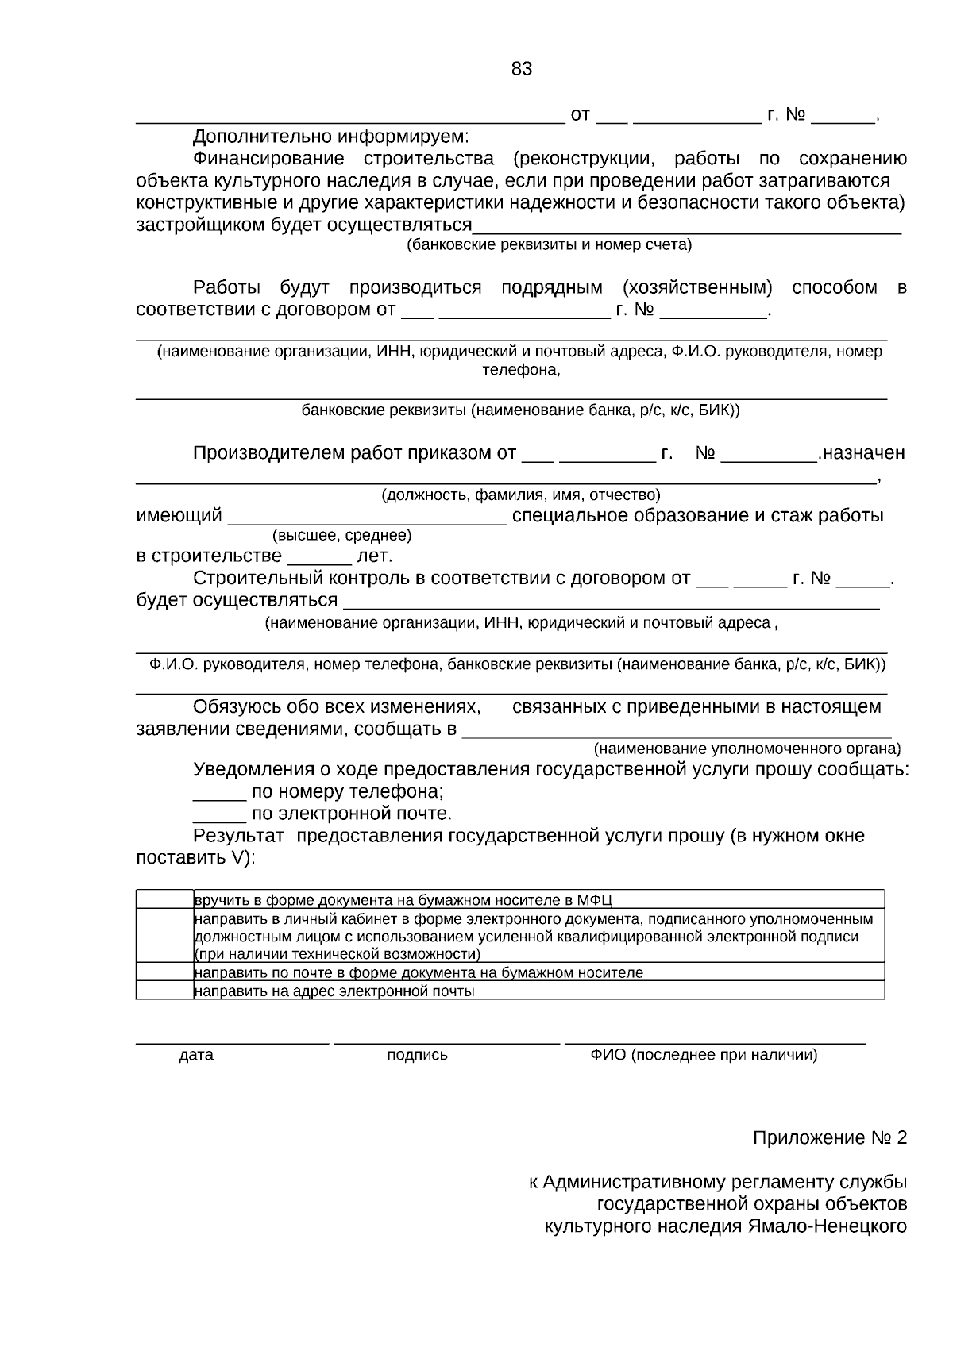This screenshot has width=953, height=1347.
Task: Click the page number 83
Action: (522, 69)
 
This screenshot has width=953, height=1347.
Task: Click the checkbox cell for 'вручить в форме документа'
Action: (164, 899)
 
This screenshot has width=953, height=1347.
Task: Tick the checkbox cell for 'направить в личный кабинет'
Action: (164, 935)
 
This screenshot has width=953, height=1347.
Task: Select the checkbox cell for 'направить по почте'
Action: (164, 972)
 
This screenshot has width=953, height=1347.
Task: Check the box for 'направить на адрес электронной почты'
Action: (164, 990)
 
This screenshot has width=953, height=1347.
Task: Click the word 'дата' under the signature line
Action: (196, 1055)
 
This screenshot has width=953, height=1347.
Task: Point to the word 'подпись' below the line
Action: (417, 1055)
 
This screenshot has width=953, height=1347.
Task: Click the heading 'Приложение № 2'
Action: (829, 1138)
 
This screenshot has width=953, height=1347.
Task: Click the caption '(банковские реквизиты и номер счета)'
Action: (549, 244)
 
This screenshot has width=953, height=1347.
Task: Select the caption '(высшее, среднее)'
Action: (341, 536)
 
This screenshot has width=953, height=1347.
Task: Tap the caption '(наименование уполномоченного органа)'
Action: (747, 749)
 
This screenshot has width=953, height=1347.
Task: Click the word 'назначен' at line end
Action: (864, 453)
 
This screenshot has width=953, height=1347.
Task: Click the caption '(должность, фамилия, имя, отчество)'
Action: (521, 495)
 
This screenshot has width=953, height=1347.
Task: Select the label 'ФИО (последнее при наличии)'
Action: (703, 1055)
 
